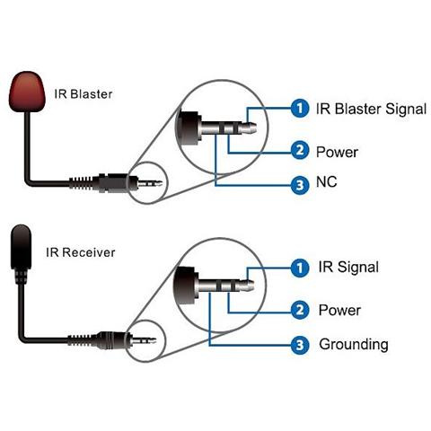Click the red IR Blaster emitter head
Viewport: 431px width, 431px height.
pyautogui.click(x=27, y=92)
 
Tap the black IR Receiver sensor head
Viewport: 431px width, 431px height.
pyautogui.click(x=21, y=247)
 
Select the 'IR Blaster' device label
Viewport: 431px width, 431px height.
pyautogui.click(x=84, y=94)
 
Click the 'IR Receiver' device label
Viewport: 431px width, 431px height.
pyautogui.click(x=81, y=252)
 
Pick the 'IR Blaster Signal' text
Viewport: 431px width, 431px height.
pyautogui.click(x=371, y=109)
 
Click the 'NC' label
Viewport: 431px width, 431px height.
pyautogui.click(x=327, y=181)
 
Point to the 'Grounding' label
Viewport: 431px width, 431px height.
pyautogui.click(x=354, y=345)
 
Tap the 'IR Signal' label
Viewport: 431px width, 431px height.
pyautogui.click(x=348, y=267)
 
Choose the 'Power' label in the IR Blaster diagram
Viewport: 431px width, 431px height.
pyautogui.click(x=337, y=152)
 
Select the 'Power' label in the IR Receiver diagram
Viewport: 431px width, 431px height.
pyautogui.click(x=339, y=310)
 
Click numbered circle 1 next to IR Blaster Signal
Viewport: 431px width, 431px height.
pyautogui.click(x=300, y=108)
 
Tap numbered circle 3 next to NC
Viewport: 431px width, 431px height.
pyautogui.click(x=300, y=185)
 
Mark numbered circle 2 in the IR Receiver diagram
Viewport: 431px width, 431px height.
pyautogui.click(x=300, y=310)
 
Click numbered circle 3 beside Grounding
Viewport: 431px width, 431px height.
pyautogui.click(x=300, y=345)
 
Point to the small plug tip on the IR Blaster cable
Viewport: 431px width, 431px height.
pyautogui.click(x=158, y=183)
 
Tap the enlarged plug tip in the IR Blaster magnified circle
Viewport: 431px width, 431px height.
pyautogui.click(x=249, y=128)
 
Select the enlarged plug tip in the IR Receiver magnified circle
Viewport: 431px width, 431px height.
pyautogui.click(x=247, y=286)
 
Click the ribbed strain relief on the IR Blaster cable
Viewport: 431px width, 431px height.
pyautogui.click(x=81, y=183)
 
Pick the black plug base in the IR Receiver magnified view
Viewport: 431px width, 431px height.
pyautogui.click(x=186, y=286)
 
